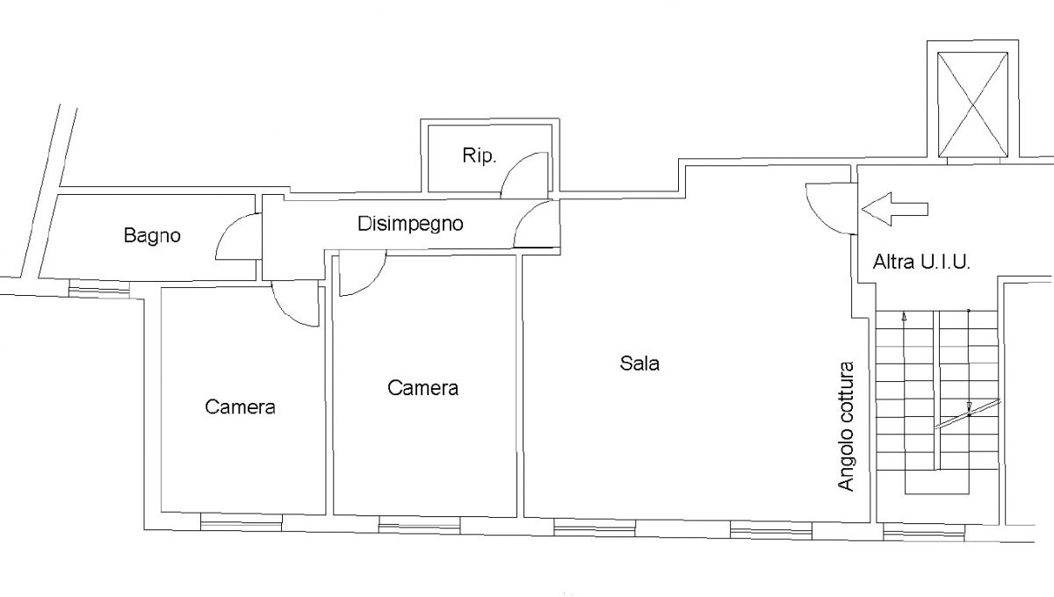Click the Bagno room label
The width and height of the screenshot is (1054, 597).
152,235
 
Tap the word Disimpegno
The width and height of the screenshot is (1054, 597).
410,224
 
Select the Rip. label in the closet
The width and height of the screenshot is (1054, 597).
479,155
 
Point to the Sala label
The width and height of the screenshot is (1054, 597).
639,363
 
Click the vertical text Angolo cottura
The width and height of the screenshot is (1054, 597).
846,426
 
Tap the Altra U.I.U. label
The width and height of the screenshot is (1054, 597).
921,262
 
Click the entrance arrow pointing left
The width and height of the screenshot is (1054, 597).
894,209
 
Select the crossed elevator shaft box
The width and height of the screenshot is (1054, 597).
972,104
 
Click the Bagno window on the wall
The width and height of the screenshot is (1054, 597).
98,289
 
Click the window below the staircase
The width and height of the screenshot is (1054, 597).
924,533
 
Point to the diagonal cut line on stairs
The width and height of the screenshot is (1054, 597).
967,414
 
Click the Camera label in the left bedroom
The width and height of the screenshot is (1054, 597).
240,407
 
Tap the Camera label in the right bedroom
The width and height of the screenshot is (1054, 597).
422,388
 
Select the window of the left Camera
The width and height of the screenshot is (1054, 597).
242,522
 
